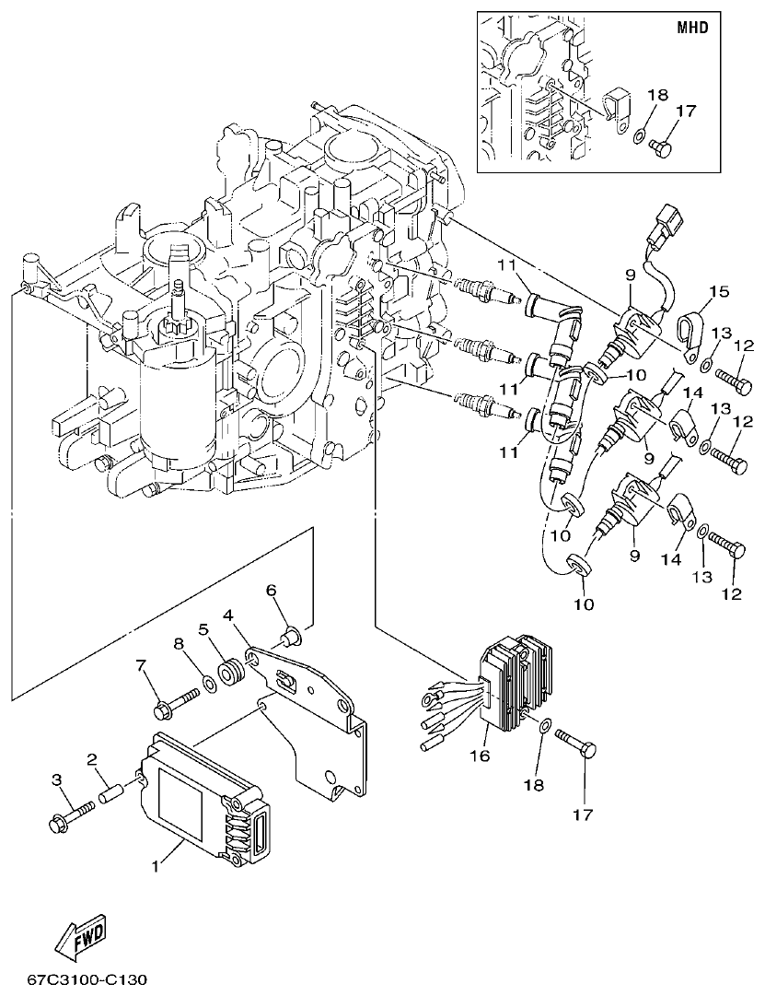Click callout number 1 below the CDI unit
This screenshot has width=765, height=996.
tap(154, 867)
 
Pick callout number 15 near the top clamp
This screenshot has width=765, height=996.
tap(718, 293)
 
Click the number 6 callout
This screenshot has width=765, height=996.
tap(271, 590)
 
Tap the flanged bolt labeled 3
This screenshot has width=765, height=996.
tap(70, 814)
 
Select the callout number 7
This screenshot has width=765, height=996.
tap(142, 664)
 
